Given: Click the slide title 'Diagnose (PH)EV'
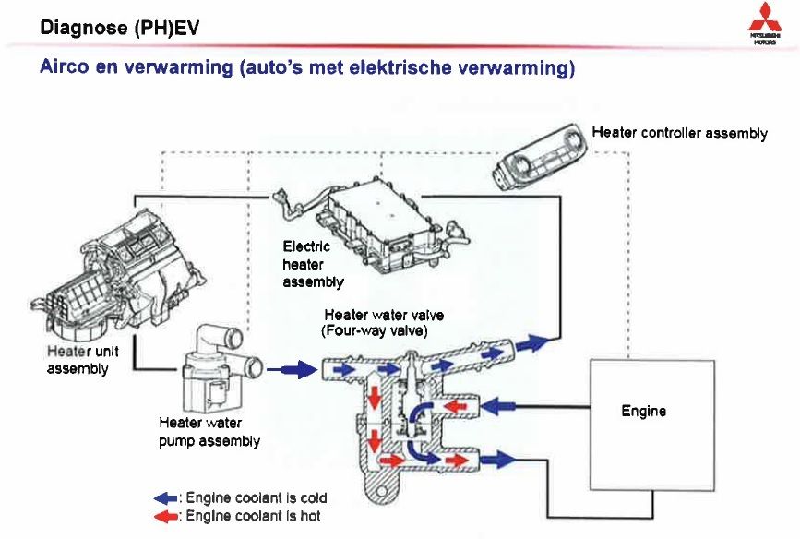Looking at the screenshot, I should pos(120,29).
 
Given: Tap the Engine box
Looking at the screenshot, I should pos(643,411).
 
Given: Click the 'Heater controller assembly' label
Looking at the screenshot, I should pos(679,133).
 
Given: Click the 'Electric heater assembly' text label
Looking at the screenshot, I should pos(314,264).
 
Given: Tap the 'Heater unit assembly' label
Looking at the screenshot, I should pos(78,360).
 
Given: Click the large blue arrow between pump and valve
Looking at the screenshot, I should pos(287,369).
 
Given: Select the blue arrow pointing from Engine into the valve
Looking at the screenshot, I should pos(498,403).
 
